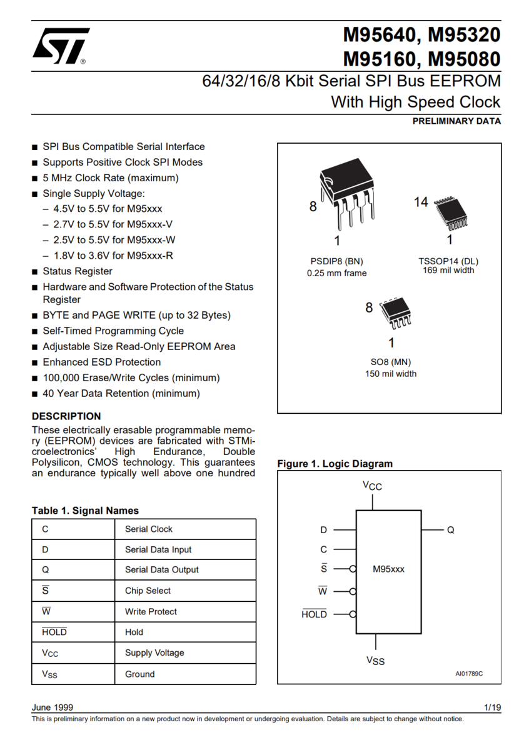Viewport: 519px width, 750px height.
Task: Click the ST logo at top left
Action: [61, 46]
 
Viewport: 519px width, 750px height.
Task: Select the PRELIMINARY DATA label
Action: [456, 121]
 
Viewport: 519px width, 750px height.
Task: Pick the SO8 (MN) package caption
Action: [391, 362]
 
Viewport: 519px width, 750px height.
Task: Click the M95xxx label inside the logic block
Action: [389, 569]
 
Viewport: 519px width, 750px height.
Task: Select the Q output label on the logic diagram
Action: [450, 530]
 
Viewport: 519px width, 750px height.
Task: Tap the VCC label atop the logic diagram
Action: [372, 486]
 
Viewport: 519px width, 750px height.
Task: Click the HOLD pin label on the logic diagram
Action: [314, 614]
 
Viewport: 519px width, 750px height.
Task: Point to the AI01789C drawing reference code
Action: [469, 674]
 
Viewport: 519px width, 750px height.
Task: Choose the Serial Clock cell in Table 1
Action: [149, 529]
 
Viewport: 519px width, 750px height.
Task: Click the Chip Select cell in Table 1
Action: [148, 591]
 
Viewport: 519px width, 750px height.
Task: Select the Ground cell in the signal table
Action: [139, 674]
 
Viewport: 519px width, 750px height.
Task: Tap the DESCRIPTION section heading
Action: [66, 416]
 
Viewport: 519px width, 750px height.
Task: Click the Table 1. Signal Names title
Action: [85, 511]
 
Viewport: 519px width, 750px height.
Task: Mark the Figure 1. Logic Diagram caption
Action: [335, 464]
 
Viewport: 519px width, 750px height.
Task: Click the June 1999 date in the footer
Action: [53, 707]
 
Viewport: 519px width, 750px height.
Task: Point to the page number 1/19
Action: [492, 707]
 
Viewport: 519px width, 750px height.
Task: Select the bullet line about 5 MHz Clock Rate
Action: [110, 178]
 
